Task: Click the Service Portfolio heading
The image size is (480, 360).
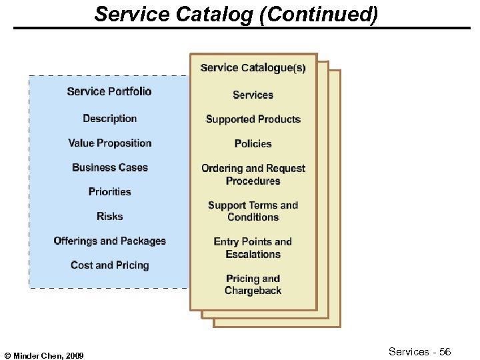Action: [x=109, y=91]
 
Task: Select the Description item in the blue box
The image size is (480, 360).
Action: [x=109, y=119]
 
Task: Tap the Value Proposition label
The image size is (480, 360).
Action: [x=109, y=143]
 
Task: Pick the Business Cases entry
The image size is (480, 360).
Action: [x=109, y=167]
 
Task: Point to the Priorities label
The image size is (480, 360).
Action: [x=109, y=192]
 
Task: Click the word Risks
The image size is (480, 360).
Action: [x=109, y=217]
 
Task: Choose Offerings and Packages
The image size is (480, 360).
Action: [x=109, y=241]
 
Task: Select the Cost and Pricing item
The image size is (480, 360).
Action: [x=109, y=265]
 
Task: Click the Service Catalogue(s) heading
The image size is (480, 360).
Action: [x=253, y=68]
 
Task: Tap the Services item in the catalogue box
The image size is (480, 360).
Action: [x=253, y=95]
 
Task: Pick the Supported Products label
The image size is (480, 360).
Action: [x=253, y=119]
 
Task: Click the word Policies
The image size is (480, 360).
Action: [x=253, y=144]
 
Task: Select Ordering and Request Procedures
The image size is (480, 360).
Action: [x=253, y=175]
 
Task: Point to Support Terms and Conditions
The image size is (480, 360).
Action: [x=253, y=211]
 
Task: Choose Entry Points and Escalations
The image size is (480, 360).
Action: [x=253, y=248]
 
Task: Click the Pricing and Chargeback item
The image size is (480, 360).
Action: [x=253, y=285]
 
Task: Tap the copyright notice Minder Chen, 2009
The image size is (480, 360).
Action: [x=44, y=356]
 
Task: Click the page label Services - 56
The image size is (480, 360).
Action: [x=419, y=352]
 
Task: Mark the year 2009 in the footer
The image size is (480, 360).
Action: [x=75, y=356]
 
